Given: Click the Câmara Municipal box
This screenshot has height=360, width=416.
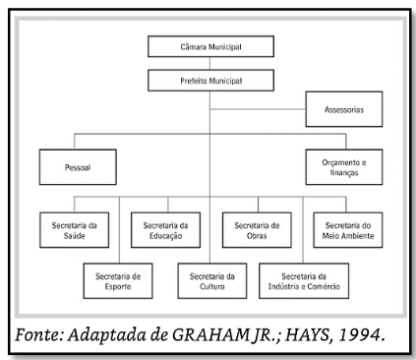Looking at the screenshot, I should [x=208, y=46].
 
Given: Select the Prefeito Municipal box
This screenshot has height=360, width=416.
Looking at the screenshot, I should [x=208, y=80].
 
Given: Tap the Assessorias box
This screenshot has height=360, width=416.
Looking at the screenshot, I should [x=344, y=110].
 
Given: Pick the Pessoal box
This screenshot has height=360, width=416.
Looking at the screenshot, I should [x=78, y=166].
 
